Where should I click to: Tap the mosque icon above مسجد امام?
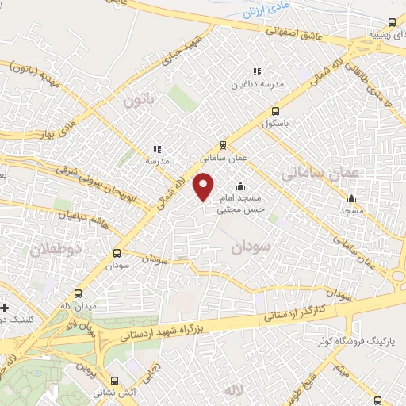(x=241, y=186)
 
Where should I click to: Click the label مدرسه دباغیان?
(x=256, y=83)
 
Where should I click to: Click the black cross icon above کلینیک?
(x=6, y=307)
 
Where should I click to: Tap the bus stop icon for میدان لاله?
(x=78, y=293)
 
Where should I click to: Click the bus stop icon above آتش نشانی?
(x=116, y=381)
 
